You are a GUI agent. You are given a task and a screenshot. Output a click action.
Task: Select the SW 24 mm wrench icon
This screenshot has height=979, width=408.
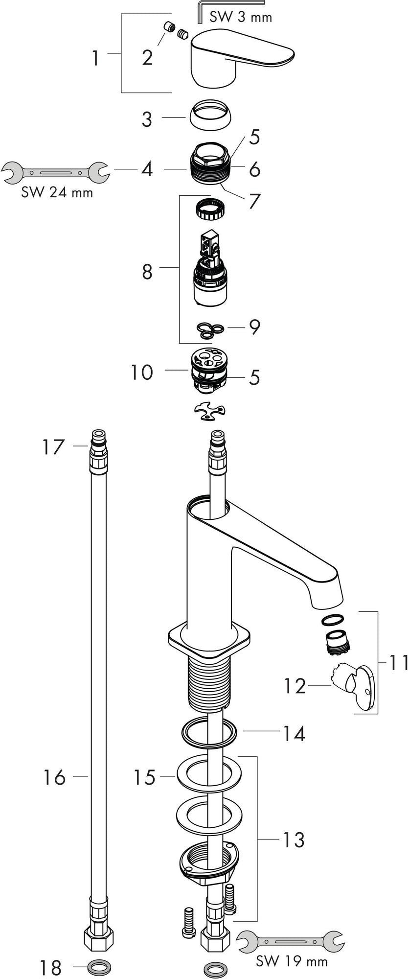[x=56, y=173]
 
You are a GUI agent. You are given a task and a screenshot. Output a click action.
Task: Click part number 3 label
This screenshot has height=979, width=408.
[x=147, y=119]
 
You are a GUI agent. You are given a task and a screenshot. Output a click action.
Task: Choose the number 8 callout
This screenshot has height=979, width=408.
[x=147, y=272]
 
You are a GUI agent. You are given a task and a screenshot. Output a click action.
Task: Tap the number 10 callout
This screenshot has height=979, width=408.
[x=141, y=373]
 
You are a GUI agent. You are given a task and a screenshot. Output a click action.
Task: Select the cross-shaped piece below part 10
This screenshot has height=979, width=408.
[x=209, y=411]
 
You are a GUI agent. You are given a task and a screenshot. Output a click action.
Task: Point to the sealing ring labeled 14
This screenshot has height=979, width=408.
[x=209, y=733]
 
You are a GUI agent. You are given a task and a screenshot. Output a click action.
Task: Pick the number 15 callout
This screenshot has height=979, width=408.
[x=145, y=777]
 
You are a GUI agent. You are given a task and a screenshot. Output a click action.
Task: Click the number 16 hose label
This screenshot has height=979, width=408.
[x=54, y=777]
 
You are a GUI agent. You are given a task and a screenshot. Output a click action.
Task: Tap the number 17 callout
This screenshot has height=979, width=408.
[x=53, y=447]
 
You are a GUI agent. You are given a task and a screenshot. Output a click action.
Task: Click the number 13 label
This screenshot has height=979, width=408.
[x=293, y=840]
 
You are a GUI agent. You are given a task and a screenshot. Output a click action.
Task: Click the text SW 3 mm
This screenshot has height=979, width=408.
[x=241, y=17]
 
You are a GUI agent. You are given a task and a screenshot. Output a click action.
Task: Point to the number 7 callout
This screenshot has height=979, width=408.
[x=254, y=201]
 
